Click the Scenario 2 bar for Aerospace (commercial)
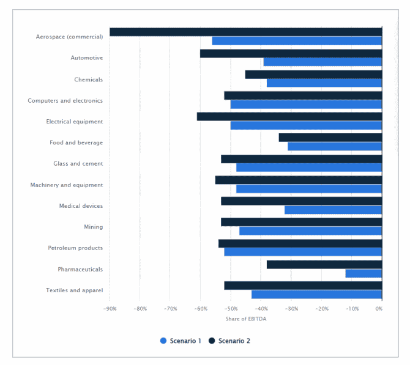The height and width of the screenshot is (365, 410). click(245, 32)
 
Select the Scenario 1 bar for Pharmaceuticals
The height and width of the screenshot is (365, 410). click(363, 273)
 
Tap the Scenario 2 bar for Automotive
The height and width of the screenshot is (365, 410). click(291, 53)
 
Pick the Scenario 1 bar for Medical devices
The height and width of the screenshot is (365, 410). click(333, 210)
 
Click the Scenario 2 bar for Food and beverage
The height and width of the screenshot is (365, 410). click(330, 138)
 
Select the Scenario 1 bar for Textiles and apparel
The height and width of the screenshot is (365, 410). click(316, 294)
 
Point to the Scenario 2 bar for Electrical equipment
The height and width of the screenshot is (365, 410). click(289, 116)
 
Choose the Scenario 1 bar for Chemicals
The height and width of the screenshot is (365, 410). click(324, 83)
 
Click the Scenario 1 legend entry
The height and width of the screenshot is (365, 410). click(181, 341)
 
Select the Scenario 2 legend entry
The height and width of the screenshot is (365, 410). click(230, 341)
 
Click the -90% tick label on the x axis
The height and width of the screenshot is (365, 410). click(110, 309)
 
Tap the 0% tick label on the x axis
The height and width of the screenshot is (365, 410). click(379, 309)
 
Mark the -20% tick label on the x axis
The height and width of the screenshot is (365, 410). click(321, 309)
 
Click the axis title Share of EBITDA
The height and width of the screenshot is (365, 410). click(246, 319)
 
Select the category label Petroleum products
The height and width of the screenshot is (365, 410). click(75, 248)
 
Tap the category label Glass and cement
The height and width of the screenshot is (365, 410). click(78, 164)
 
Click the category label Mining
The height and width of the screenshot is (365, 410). click(93, 227)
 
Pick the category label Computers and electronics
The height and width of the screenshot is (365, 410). click(65, 100)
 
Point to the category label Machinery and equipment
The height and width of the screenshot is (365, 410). click(66, 185)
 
